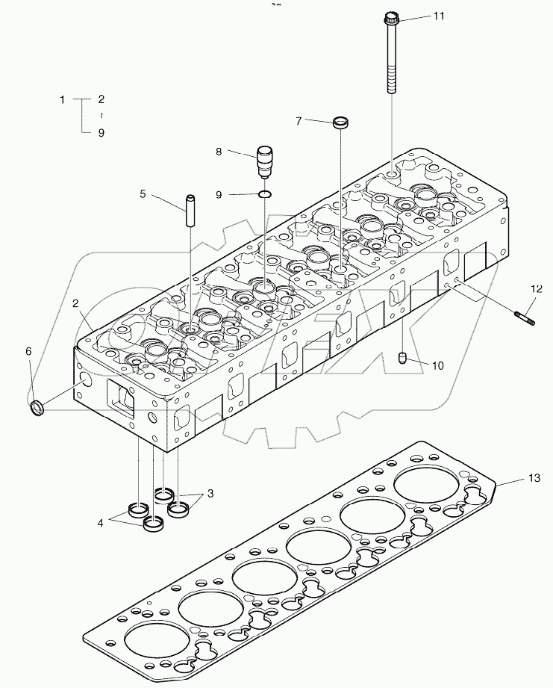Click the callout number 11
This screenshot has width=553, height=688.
[x=438, y=16]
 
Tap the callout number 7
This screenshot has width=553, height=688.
[x=299, y=120]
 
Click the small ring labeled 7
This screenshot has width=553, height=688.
[x=341, y=122]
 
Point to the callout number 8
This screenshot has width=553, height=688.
[x=219, y=152]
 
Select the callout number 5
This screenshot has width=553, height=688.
[x=143, y=194]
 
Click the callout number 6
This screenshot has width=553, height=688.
[x=29, y=350]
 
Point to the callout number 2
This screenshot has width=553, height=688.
[x=76, y=303]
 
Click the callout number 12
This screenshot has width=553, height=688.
[x=536, y=288]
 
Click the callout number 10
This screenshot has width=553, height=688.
[x=437, y=365]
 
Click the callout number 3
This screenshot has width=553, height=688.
[x=210, y=494]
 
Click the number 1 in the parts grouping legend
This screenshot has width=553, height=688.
[x=63, y=99]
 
